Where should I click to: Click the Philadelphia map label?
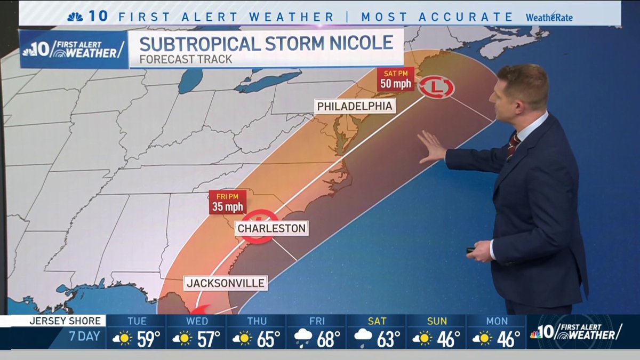(355, 106)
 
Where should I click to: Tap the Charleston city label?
(271, 228)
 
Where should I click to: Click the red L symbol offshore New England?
(436, 86)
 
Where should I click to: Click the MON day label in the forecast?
(496, 322)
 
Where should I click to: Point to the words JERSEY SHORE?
(65, 321)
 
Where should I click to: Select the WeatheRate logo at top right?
(549, 17)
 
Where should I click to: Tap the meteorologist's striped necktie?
(513, 146)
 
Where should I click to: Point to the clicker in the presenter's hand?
(471, 250)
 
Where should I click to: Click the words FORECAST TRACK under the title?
(186, 59)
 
